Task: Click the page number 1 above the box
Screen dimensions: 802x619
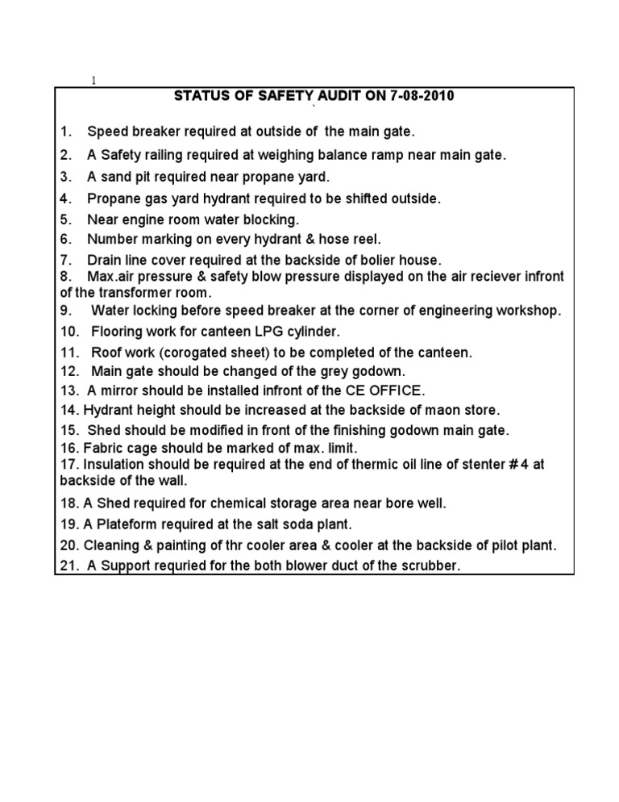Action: click(93, 81)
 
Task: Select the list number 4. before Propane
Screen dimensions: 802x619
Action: click(65, 198)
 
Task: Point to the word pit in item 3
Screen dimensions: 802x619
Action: click(165, 177)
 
